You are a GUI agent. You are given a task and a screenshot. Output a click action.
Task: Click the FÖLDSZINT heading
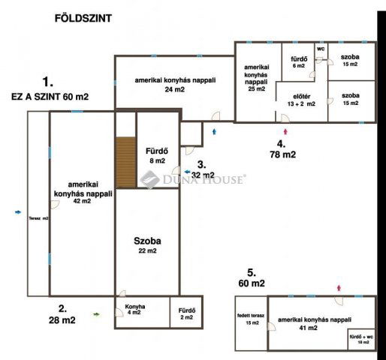[83, 16]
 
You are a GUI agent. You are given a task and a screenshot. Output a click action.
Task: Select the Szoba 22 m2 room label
[148, 245]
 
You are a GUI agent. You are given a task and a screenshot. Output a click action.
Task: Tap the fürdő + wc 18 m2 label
[363, 339]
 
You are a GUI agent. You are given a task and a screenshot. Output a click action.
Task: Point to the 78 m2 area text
[284, 155]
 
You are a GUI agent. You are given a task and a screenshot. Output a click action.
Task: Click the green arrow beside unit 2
[96, 314]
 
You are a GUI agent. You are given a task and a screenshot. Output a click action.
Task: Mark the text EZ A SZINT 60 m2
[50, 97]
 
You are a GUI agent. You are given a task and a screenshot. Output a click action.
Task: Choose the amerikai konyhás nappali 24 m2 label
[170, 84]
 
